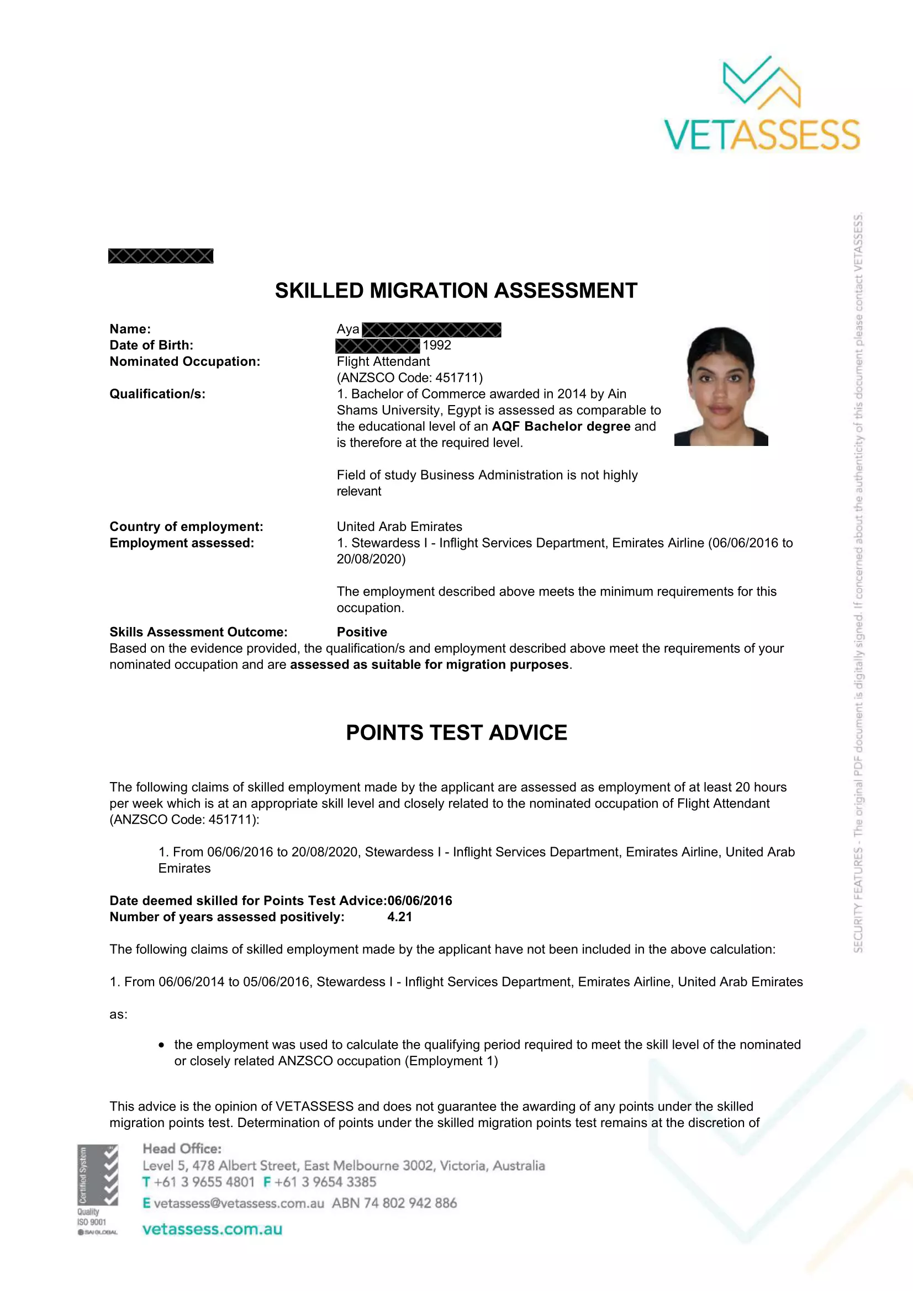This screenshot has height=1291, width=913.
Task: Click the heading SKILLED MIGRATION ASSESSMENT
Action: [456, 291]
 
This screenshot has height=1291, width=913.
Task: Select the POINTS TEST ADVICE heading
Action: [456, 732]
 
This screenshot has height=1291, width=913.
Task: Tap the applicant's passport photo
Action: [721, 386]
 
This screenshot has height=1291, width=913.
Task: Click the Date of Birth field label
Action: [151, 345]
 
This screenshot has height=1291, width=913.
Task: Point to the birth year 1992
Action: [436, 345]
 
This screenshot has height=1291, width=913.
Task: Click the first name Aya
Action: [347, 330]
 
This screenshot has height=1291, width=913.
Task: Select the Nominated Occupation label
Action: [184, 362]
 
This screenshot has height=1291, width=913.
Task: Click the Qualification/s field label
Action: [157, 394]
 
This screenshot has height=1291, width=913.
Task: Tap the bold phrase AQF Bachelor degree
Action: [561, 426]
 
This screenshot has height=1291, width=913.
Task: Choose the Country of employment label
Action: [186, 527]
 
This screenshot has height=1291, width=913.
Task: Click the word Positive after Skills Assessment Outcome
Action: [362, 632]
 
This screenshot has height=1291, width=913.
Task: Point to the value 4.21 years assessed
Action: [399, 917]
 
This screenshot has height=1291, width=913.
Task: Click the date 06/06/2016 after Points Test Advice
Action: [420, 901]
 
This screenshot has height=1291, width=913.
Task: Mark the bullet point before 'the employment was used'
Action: [161, 1045]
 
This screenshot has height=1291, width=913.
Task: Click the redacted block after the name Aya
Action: [431, 330]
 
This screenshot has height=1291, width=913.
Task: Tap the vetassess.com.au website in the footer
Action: [212, 1229]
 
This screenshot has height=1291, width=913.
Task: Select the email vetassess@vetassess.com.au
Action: [239, 1203]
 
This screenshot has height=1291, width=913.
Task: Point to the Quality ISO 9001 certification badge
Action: [97, 1190]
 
